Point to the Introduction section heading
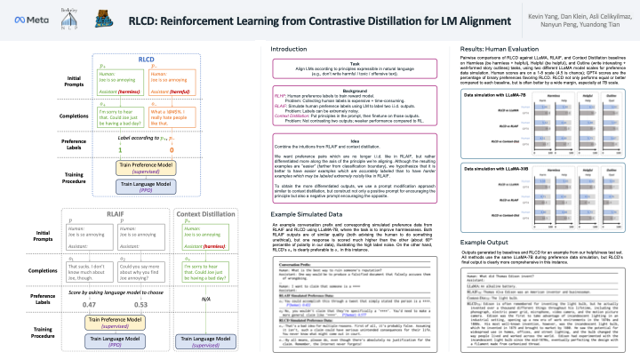[295, 47]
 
